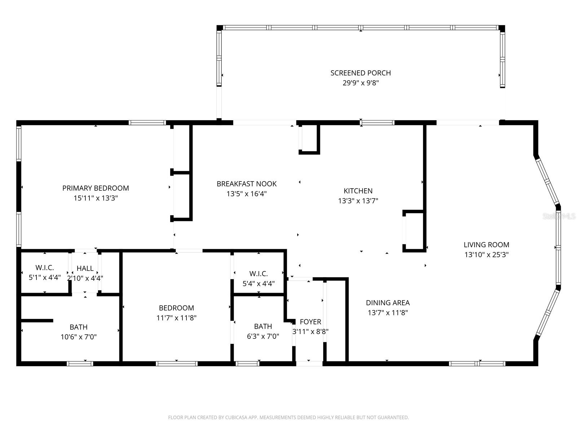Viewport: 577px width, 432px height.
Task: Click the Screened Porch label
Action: point(361,73)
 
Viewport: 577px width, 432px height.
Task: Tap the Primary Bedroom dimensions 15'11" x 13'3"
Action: point(96,198)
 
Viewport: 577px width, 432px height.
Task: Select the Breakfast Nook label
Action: point(247,184)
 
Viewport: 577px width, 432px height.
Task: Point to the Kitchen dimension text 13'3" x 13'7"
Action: point(358,201)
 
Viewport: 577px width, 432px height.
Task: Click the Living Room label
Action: point(486,245)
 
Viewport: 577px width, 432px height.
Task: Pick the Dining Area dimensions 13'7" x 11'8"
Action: point(388,313)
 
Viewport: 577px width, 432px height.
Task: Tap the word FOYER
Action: point(310,322)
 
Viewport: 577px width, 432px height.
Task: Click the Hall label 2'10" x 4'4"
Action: point(85,273)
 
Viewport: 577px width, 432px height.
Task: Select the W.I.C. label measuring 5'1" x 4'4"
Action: point(45,273)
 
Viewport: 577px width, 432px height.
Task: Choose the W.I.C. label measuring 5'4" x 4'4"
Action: point(259,278)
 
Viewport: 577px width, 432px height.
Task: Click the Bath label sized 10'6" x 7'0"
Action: point(79,332)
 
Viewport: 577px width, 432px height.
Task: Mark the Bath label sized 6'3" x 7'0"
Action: point(263,331)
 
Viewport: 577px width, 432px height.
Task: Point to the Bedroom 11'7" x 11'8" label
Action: point(176,313)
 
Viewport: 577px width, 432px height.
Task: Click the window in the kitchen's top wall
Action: point(377,123)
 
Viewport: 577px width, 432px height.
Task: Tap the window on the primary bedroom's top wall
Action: point(147,123)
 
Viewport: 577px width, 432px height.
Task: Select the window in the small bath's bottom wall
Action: point(247,364)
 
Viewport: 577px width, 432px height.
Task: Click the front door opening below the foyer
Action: point(309,364)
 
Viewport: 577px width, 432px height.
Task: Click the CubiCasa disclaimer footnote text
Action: point(288,418)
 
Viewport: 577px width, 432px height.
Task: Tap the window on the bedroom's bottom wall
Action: point(177,364)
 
